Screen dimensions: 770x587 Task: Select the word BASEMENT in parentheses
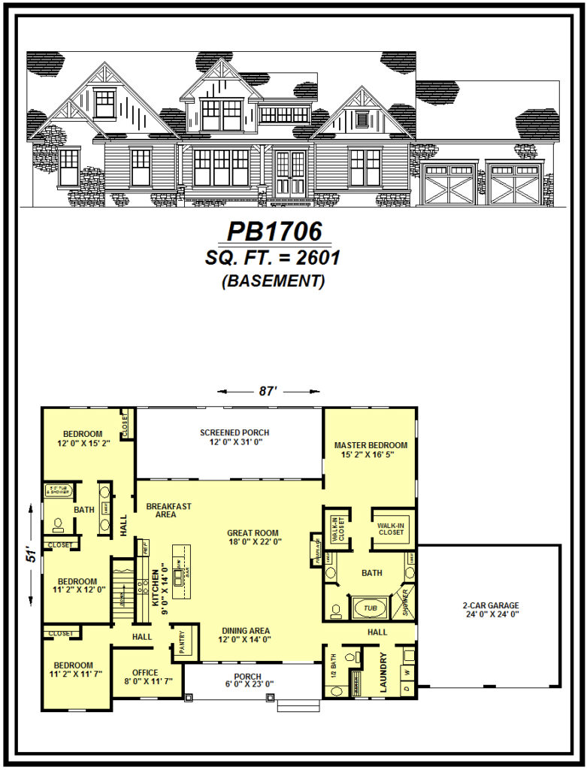click(273, 282)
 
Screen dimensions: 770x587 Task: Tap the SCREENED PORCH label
click(234, 432)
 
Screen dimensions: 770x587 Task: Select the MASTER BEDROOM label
click(371, 445)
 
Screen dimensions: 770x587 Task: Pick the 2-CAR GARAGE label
click(491, 605)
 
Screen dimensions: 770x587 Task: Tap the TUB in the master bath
click(368, 607)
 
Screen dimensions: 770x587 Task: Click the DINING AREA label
click(246, 631)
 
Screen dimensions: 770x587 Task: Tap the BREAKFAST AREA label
click(168, 510)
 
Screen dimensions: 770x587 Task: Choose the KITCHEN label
click(156, 587)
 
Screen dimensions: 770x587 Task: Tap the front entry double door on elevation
click(290, 174)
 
